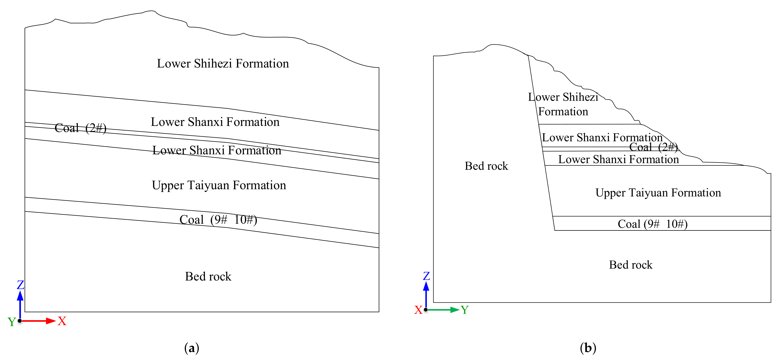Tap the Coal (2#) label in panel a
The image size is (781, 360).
(x=80, y=128)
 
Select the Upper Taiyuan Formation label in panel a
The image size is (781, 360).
(x=219, y=185)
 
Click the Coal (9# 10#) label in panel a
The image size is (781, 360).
(x=218, y=220)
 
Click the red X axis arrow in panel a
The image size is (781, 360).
(x=39, y=321)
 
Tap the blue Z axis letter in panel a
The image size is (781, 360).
(x=20, y=285)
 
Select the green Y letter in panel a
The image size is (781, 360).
(x=11, y=322)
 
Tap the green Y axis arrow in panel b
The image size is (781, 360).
(x=443, y=310)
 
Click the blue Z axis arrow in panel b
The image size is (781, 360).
(x=426, y=294)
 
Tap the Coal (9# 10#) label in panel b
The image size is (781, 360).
(x=652, y=224)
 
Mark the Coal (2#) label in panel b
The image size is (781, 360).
(x=653, y=147)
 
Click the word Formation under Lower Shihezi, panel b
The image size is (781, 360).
(x=563, y=112)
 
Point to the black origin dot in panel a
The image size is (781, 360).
(x=20, y=321)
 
